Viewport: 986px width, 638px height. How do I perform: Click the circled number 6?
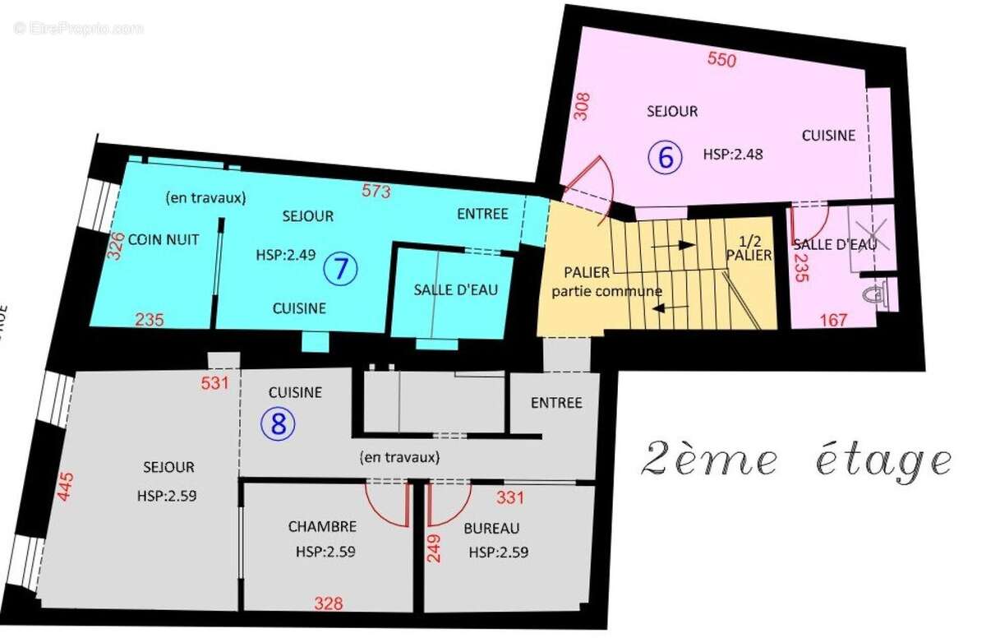pyautogui.click(x=666, y=156)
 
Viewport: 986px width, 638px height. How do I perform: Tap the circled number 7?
pyautogui.click(x=341, y=268)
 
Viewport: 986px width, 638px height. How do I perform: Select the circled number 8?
pyautogui.click(x=278, y=424)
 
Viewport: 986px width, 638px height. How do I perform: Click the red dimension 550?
pyautogui.click(x=722, y=59)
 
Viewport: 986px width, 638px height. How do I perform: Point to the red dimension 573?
pyautogui.click(x=376, y=192)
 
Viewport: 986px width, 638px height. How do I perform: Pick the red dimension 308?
pyautogui.click(x=583, y=107)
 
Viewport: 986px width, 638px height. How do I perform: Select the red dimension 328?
pyautogui.click(x=328, y=603)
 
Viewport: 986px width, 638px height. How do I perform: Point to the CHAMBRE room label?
pyautogui.click(x=322, y=527)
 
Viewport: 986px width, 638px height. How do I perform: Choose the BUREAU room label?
pyautogui.click(x=491, y=528)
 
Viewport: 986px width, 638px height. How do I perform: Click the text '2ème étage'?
pyautogui.click(x=795, y=459)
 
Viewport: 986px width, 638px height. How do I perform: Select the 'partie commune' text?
pyautogui.click(x=606, y=291)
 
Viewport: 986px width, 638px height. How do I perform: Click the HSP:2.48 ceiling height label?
pyautogui.click(x=733, y=154)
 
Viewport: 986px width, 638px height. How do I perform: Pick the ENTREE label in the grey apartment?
pyautogui.click(x=556, y=403)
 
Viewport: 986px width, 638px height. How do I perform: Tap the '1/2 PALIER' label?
pyautogui.click(x=749, y=248)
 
